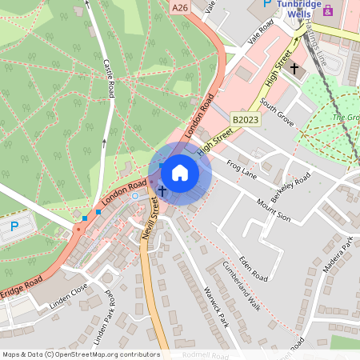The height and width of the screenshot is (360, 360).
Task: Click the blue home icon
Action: click(180, 173)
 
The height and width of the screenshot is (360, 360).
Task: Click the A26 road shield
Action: click(180, 6)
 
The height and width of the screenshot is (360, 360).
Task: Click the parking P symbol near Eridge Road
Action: click(14, 227)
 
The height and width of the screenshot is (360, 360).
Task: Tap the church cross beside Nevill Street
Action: click(162, 190)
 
